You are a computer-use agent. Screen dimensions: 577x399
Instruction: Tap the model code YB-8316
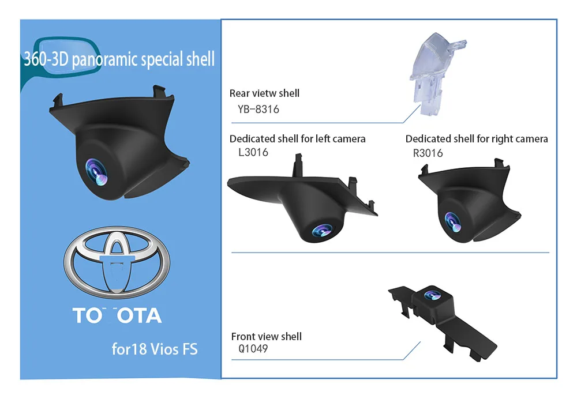pyautogui.click(x=258, y=109)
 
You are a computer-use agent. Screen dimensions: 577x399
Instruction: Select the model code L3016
pyautogui.click(x=249, y=153)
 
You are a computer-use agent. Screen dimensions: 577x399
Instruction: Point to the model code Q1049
pyautogui.click(x=253, y=349)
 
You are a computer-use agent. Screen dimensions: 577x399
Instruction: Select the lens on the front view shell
pyautogui.click(x=431, y=296)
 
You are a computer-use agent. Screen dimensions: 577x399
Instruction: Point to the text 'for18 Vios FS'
pyautogui.click(x=154, y=349)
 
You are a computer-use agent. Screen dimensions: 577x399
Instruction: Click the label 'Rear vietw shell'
pyautogui.click(x=264, y=93)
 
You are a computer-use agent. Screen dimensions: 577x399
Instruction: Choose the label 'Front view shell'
pyautogui.click(x=266, y=337)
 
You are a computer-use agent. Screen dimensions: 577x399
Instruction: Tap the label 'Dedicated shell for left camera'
pyautogui.click(x=297, y=139)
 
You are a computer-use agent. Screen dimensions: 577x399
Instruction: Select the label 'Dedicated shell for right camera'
pyautogui.click(x=477, y=139)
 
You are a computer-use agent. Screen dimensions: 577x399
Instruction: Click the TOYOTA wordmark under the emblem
pyautogui.click(x=117, y=315)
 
